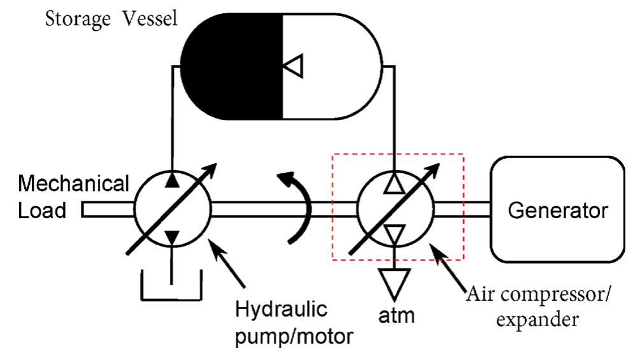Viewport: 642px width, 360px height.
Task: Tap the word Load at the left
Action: (42, 210)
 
